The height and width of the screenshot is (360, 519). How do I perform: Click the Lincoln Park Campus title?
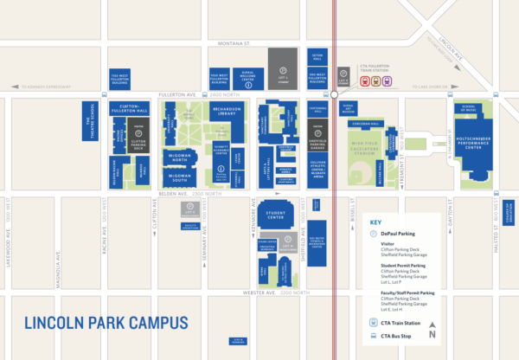(106, 324)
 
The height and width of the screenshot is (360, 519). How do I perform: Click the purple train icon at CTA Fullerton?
(387, 82)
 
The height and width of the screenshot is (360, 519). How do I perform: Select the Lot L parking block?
(279, 63)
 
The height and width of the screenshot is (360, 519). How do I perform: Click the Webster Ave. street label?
(281, 292)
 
